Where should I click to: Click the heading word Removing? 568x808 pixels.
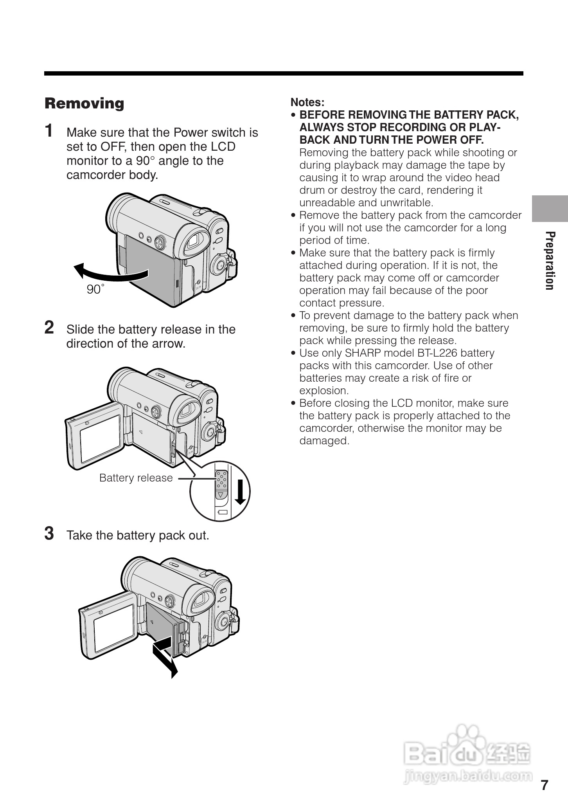[84, 104]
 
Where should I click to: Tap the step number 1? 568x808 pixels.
[49, 131]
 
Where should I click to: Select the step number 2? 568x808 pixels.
[49, 327]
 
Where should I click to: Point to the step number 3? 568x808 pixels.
[49, 533]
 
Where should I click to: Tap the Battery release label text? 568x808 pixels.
[136, 478]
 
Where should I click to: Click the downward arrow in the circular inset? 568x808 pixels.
[241, 490]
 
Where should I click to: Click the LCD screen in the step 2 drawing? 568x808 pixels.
[100, 438]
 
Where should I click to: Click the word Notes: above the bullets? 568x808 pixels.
[307, 103]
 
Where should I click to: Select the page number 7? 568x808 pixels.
[545, 785]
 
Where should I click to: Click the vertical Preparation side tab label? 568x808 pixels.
[550, 261]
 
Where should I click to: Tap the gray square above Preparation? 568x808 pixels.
[550, 208]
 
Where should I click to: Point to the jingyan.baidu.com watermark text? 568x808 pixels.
[467, 776]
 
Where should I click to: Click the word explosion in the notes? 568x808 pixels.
[323, 391]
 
